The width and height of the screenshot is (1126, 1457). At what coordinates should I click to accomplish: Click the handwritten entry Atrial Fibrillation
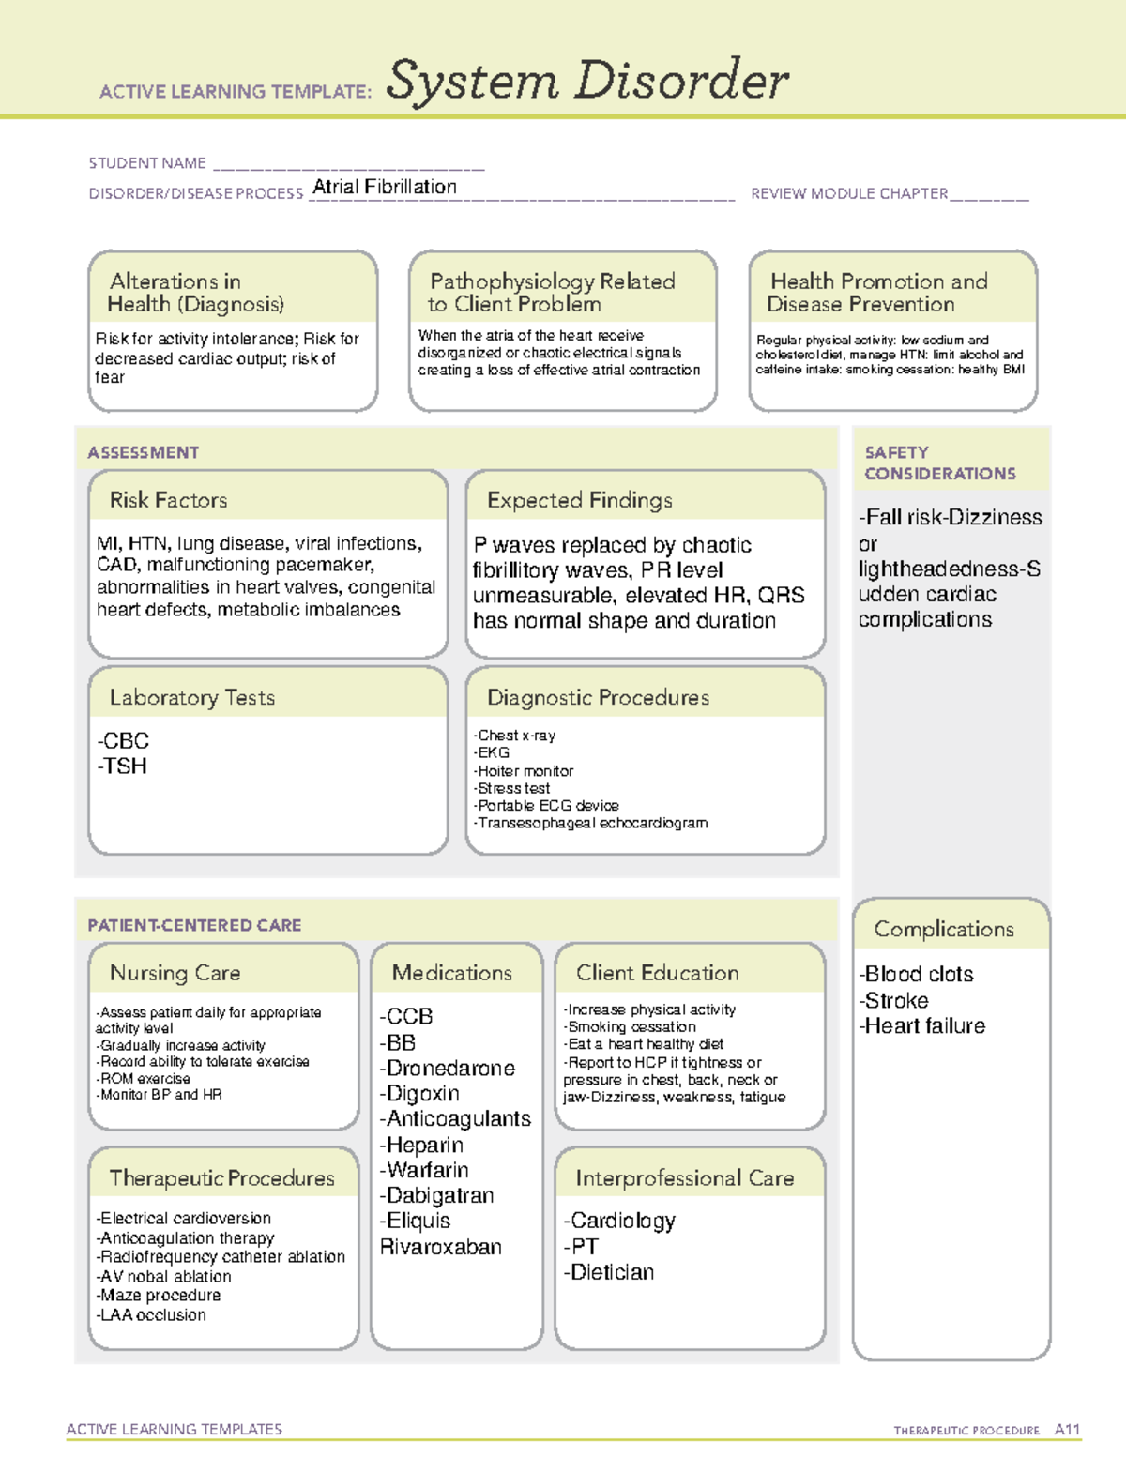pos(385,187)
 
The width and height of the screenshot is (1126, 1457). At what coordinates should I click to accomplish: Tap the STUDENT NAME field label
pos(147,163)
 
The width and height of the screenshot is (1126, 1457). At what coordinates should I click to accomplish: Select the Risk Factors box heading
pos(168,500)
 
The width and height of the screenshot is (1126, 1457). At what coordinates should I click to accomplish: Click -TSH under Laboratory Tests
pos(122,766)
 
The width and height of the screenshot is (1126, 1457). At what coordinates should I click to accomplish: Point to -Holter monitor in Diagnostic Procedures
pos(524,771)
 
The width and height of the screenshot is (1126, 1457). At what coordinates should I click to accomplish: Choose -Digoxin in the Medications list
pos(419,1094)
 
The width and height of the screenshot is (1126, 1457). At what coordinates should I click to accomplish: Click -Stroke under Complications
pos(893,1000)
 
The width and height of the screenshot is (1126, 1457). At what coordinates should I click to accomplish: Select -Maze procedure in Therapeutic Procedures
pos(158,1296)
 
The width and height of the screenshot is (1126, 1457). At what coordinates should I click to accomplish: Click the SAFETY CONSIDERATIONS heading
pos(939,463)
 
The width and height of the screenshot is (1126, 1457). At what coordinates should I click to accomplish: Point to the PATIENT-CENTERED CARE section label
pos(194,925)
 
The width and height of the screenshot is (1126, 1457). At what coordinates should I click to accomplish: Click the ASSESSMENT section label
pos(144,452)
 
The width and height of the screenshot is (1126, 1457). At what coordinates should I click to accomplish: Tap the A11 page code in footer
pos(1067,1430)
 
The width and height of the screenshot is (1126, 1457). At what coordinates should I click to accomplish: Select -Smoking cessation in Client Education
pos(630,1027)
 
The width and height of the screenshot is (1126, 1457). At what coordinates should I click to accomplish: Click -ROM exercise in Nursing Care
pos(143,1079)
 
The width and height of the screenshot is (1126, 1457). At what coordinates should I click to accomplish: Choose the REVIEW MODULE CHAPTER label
pos(849,193)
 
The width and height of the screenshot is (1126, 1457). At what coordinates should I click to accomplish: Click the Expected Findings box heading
pos(579,500)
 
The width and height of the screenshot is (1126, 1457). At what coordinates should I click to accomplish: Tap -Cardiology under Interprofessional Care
pos(619,1221)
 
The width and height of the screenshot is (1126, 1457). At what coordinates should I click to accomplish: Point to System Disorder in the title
pos(586,81)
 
